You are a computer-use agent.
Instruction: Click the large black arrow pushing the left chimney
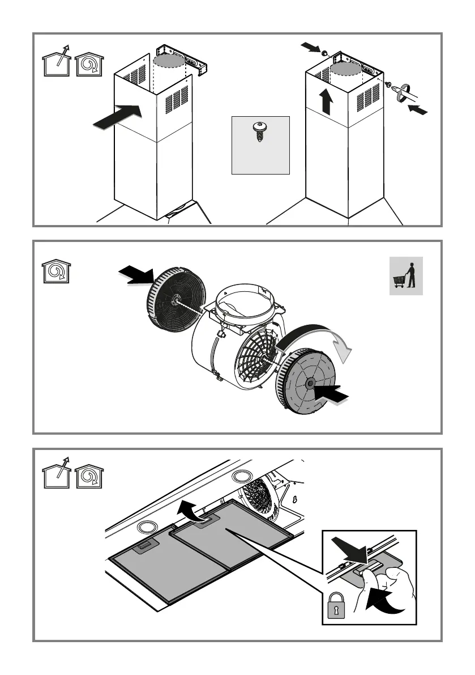pos(118,118)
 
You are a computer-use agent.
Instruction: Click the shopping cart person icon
pos(406,275)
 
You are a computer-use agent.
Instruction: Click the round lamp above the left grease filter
pos(146,526)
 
